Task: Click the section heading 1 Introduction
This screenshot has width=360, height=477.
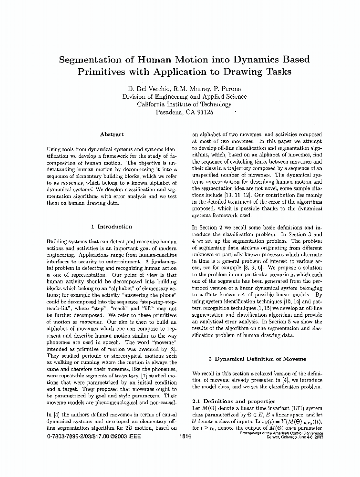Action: (x=112, y=227)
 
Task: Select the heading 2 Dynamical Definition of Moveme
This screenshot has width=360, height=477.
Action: (x=257, y=359)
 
